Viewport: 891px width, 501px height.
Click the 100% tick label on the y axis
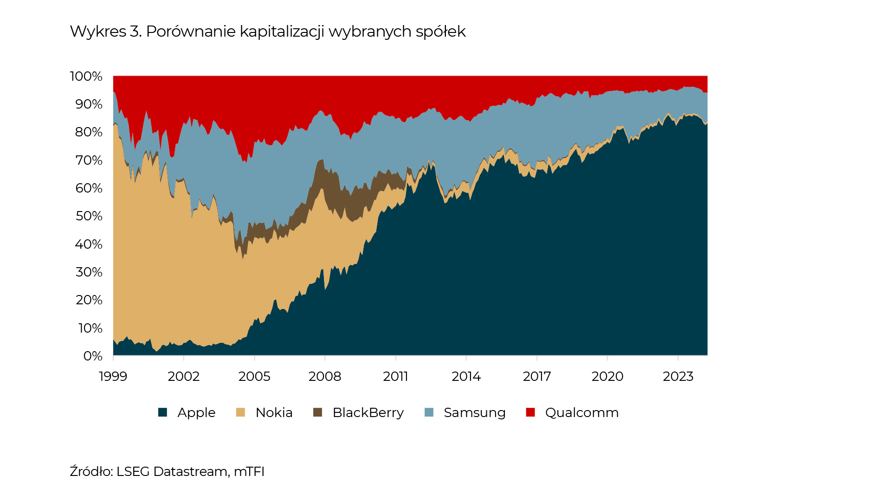[x=86, y=77]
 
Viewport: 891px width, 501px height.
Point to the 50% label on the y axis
[x=89, y=216]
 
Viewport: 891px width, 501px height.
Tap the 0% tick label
[x=93, y=356]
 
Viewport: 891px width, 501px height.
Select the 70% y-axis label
[x=89, y=161]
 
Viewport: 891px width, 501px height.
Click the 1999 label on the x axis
[x=113, y=376]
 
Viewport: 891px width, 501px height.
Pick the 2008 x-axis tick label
[x=325, y=376]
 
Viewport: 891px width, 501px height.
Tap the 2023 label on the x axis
[x=678, y=376]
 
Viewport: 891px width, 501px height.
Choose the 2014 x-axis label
[x=466, y=376]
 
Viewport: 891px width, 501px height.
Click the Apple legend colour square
[x=162, y=412]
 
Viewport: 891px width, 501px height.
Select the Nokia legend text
[x=274, y=412]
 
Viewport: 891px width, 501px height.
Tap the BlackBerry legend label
[x=368, y=412]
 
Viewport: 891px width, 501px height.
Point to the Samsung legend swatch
[x=429, y=412]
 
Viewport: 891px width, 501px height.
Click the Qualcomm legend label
[x=582, y=412]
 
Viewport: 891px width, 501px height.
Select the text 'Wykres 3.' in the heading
[x=106, y=32]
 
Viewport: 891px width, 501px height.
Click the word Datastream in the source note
[x=190, y=472]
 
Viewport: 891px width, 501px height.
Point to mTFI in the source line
[x=249, y=472]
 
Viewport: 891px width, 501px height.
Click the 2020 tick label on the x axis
[x=607, y=376]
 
